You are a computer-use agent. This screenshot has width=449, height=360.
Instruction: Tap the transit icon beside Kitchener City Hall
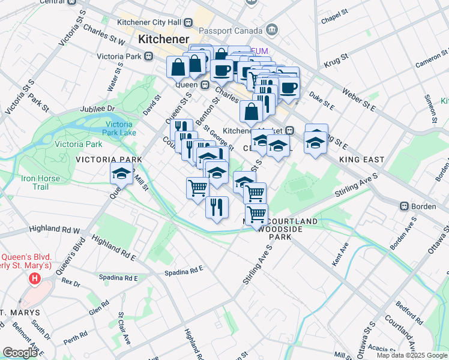(x=188, y=23)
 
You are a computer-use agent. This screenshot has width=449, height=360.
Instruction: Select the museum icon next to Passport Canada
(x=272, y=29)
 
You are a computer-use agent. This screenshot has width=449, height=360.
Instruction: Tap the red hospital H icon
(x=35, y=278)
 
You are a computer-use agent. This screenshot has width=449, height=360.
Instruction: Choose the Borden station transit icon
(x=405, y=206)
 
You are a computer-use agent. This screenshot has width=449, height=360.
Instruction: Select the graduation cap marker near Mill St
(x=121, y=175)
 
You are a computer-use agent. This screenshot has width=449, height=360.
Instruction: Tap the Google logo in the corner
(x=20, y=353)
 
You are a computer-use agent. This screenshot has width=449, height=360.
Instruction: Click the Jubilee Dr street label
(x=97, y=109)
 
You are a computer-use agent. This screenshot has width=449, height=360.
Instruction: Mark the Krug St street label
(x=336, y=59)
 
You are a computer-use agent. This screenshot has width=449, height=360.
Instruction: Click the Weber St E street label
(x=359, y=100)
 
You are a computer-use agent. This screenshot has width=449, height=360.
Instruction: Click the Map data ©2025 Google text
(x=412, y=355)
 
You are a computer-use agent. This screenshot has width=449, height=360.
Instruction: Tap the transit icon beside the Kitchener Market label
(x=289, y=130)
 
